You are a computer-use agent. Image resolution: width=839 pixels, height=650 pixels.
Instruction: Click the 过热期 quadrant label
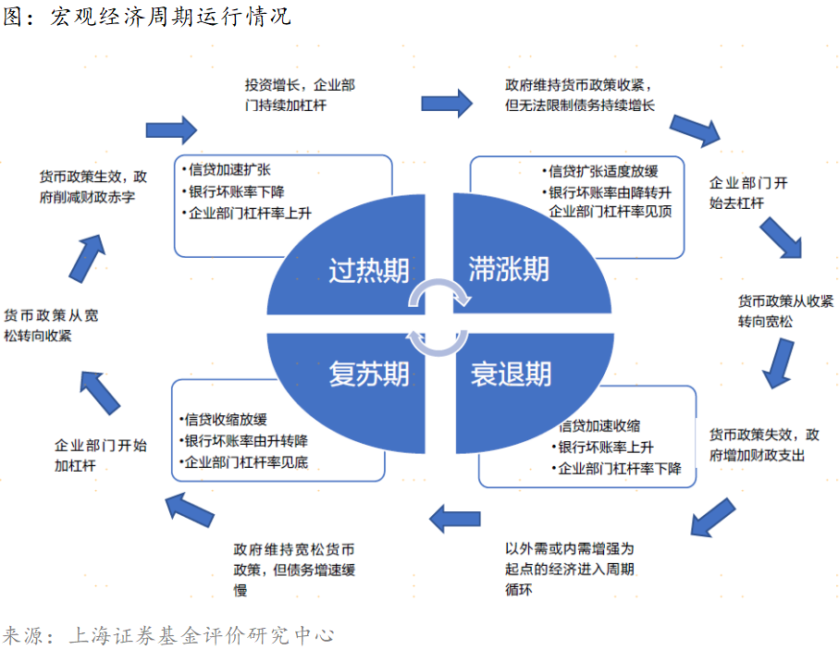(x=369, y=270)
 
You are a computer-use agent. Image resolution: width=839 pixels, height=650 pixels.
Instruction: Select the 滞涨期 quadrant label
(x=508, y=269)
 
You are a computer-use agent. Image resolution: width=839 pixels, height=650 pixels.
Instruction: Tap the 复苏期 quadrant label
(x=369, y=374)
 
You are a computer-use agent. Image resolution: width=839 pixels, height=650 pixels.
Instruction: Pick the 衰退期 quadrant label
(x=511, y=374)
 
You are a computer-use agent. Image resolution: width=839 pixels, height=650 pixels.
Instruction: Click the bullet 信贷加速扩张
(x=228, y=171)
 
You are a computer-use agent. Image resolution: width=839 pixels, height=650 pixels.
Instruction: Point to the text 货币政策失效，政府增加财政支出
(x=764, y=445)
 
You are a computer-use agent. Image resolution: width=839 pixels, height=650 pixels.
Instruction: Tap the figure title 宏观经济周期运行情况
(x=170, y=17)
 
